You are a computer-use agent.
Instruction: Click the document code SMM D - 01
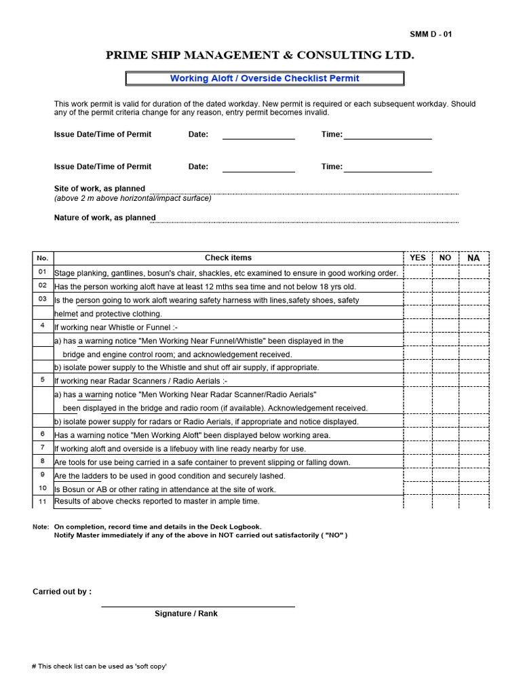[x=430, y=35]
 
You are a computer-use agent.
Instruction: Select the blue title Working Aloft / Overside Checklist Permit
[x=265, y=79]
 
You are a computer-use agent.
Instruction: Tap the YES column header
[x=418, y=258]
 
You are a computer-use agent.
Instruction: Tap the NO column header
[x=445, y=258]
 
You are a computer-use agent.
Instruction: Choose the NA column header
[x=474, y=258]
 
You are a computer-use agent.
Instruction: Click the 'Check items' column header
[x=228, y=258]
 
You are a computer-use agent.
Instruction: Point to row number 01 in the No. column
[x=43, y=272]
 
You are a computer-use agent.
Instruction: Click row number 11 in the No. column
[x=43, y=502]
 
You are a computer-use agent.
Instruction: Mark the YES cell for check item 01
[x=418, y=273]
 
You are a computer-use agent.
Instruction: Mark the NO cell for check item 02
[x=445, y=286]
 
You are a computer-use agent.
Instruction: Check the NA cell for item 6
[x=474, y=435]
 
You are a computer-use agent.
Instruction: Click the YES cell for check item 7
[x=418, y=449]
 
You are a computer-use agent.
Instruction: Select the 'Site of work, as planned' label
[x=99, y=189]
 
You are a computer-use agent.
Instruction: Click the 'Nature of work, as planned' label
[x=104, y=218]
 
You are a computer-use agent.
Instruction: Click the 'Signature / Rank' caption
[x=186, y=614]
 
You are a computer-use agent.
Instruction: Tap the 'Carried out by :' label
[x=62, y=592]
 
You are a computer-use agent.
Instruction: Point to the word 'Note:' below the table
[x=41, y=527]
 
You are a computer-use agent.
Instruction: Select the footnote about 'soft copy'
[x=99, y=666]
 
